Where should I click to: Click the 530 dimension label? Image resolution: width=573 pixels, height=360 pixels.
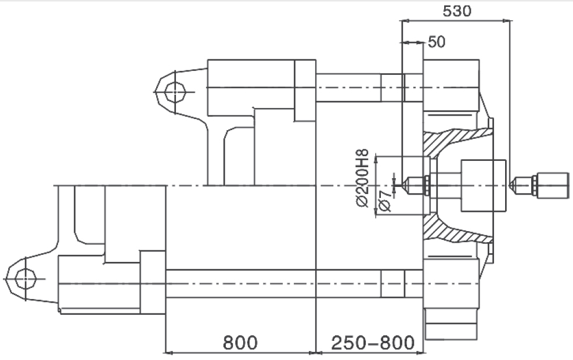pyautogui.click(x=457, y=11)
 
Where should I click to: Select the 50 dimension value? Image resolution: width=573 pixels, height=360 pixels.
pyautogui.click(x=437, y=42)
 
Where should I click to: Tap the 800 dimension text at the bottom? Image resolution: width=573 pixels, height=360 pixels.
pyautogui.click(x=240, y=343)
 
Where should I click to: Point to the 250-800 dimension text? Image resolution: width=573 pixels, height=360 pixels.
pyautogui.click(x=373, y=343)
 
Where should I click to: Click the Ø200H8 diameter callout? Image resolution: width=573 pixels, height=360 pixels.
pyautogui.click(x=362, y=178)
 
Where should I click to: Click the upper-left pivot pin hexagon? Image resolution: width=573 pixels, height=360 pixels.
pyautogui.click(x=175, y=91)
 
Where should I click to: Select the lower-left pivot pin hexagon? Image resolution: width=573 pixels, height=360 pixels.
pyautogui.click(x=26, y=279)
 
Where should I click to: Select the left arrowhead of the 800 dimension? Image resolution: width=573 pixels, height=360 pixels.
pyautogui.click(x=169, y=352)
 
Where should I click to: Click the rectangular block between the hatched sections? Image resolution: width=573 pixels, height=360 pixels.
pyautogui.click(x=484, y=186)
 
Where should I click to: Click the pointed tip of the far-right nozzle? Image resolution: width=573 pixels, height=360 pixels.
pyautogui.click(x=510, y=186)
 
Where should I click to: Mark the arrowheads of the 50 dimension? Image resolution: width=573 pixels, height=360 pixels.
pyautogui.click(x=413, y=43)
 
